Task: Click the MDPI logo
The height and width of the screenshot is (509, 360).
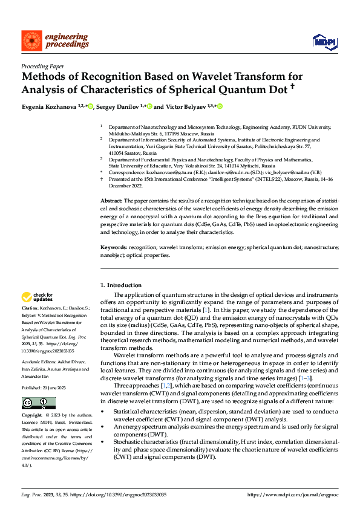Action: coord(324,41)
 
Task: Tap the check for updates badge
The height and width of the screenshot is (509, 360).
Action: coord(38,297)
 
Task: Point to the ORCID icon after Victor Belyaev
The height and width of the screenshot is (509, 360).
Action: coord(220,106)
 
